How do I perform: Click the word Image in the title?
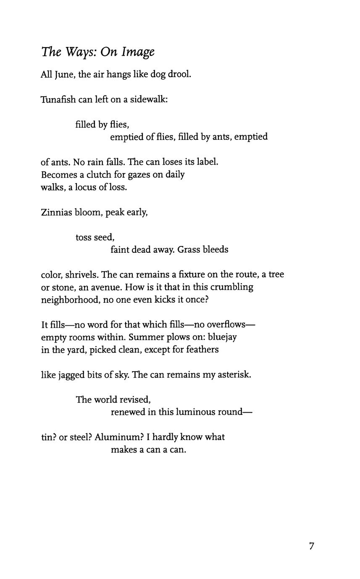point(138,52)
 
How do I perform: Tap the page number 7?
point(311,546)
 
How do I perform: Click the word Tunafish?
point(58,100)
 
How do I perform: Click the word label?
point(207,162)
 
